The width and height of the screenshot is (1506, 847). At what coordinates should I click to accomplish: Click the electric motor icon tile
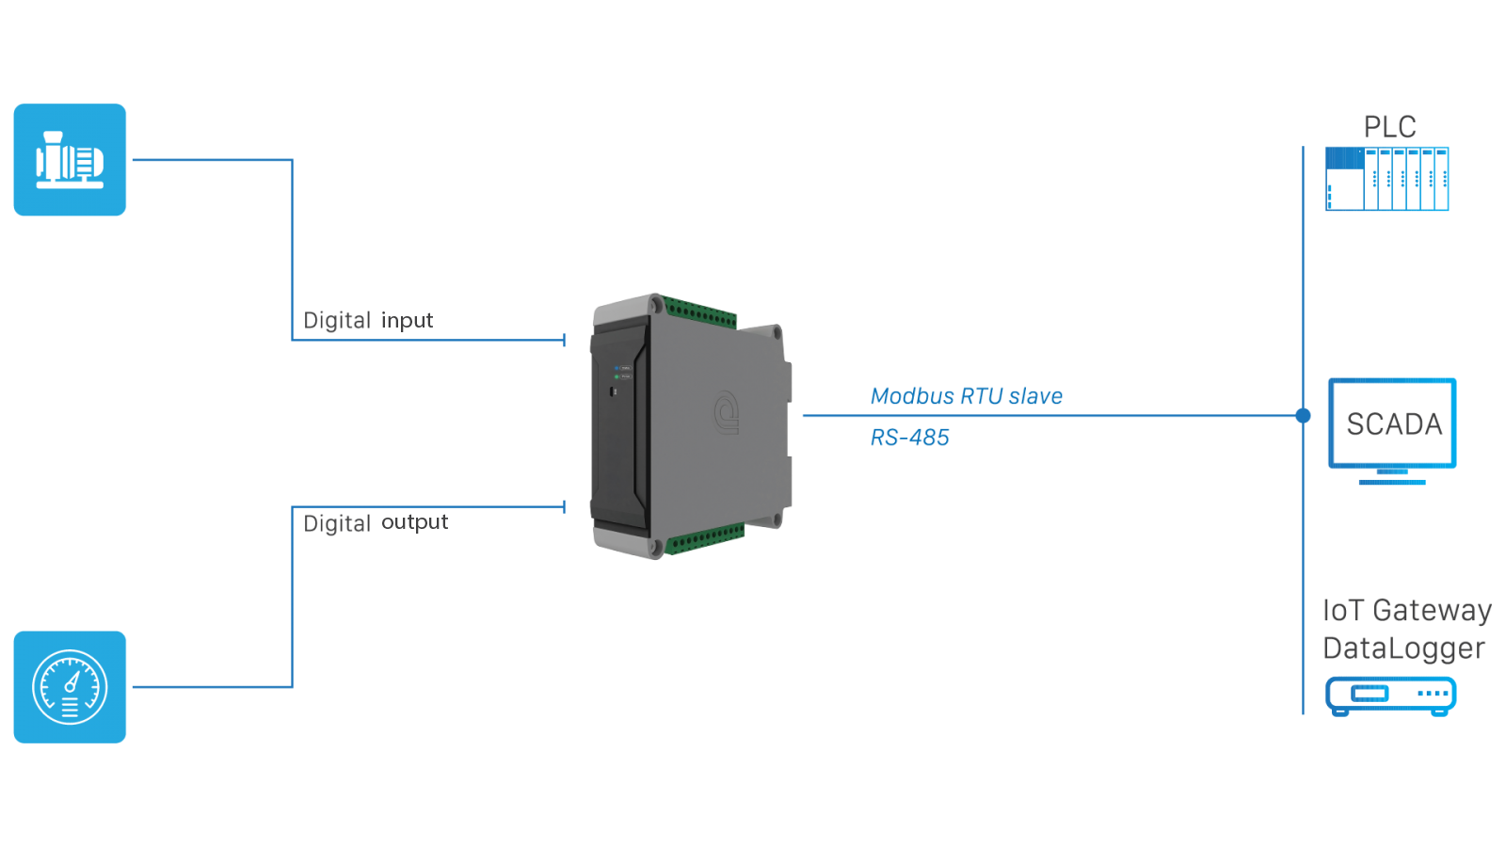click(70, 160)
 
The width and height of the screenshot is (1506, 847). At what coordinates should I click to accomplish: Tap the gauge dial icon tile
click(70, 687)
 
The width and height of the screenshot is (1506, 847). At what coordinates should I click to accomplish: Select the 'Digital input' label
click(367, 321)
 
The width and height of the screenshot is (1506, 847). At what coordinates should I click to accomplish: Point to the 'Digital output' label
click(375, 523)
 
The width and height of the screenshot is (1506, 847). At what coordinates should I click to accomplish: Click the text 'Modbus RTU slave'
click(966, 396)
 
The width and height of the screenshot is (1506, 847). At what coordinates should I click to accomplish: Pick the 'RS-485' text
click(909, 438)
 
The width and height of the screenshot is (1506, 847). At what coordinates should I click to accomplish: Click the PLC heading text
click(1389, 127)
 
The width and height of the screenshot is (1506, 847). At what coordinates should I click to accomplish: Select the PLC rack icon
click(1386, 179)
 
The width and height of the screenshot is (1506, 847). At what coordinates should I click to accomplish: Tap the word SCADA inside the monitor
click(1393, 424)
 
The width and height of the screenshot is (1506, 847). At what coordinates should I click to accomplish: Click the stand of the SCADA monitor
click(1392, 477)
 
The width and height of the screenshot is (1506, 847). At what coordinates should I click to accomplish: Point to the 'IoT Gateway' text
click(1406, 611)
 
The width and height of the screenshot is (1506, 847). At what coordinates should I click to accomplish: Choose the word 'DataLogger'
click(1403, 648)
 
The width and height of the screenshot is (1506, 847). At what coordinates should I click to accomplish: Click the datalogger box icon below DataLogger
click(1390, 695)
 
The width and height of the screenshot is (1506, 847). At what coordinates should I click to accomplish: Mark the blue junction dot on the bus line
click(1303, 415)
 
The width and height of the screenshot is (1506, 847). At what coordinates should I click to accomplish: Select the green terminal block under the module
click(705, 540)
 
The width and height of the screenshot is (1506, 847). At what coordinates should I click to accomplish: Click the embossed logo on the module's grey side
click(726, 412)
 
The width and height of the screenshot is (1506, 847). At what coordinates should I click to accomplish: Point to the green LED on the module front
click(617, 376)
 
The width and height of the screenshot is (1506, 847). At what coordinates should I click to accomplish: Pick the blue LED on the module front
click(617, 368)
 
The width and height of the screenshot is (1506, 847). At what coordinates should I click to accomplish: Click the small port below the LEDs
click(613, 390)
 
